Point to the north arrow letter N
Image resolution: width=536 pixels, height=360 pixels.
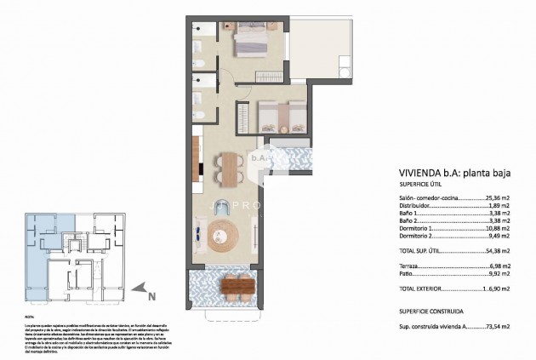click(x=151, y=297)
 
